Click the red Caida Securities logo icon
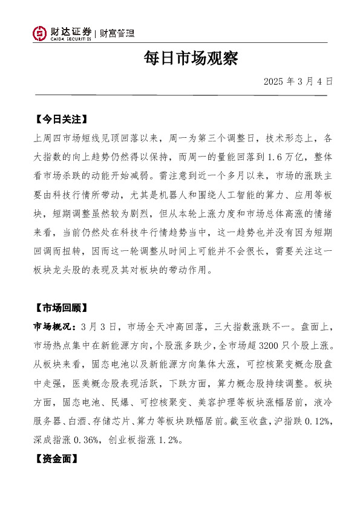[40, 33]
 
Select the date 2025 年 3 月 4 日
[298, 81]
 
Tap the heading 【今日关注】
[62, 118]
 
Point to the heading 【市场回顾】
[62, 308]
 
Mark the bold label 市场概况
[53, 327]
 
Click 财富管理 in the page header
[117, 33]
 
